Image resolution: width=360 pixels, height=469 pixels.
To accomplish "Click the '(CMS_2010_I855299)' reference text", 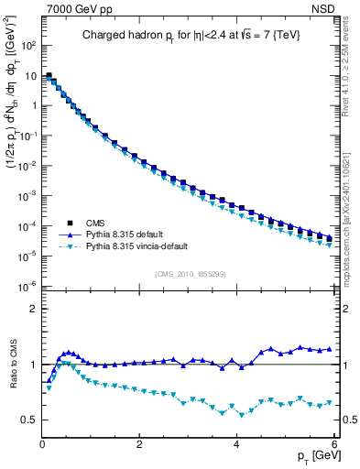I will (x=190, y=274).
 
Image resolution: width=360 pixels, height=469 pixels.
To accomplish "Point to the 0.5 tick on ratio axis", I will (x=29, y=420).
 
